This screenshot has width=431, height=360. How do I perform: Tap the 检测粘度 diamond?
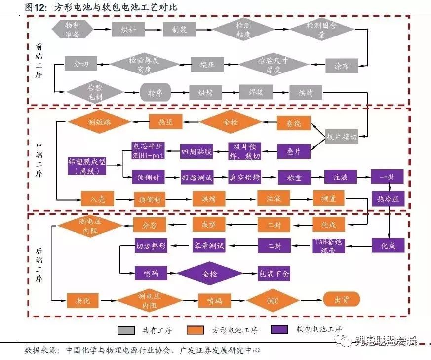coord(243,29)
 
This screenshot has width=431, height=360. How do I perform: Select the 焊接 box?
coord(256,92)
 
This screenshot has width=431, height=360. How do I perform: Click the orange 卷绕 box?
coord(294,122)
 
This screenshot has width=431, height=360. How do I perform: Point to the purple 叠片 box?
coord(294,152)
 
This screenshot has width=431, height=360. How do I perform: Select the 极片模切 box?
coord(342,137)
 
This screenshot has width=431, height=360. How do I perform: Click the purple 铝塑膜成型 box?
coord(87,166)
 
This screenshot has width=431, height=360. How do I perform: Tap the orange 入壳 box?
coord(97,199)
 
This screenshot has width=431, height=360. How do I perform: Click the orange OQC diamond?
coord(273,299)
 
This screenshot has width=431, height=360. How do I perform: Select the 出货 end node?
coord(341,299)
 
